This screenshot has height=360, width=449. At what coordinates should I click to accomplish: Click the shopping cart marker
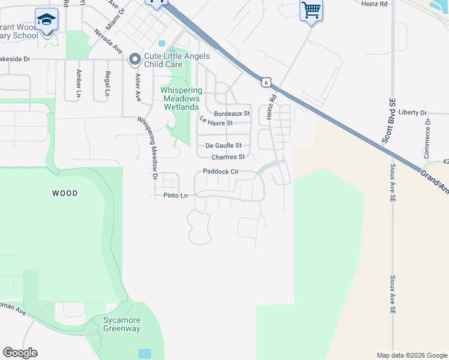click(x=311, y=10)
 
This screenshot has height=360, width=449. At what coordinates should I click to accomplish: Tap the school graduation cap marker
click(x=46, y=20)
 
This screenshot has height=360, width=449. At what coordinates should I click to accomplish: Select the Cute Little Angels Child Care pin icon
click(x=135, y=59)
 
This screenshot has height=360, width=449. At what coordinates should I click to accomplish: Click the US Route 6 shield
click(x=267, y=81)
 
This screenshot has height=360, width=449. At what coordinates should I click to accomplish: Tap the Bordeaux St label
click(x=232, y=113)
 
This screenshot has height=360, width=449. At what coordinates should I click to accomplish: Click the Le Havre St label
click(x=215, y=123)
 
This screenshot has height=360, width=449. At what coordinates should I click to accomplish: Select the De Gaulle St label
click(x=223, y=145)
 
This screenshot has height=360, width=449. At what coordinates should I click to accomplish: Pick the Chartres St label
click(x=228, y=157)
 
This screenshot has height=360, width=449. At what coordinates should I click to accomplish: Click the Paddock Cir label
click(x=221, y=172)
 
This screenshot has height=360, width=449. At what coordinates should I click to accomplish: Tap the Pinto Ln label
click(x=175, y=196)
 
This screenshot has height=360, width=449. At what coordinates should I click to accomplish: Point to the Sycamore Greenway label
click(x=121, y=325)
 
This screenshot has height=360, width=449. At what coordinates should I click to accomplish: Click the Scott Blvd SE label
click(x=388, y=126)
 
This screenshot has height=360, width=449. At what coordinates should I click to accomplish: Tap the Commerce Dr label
click(x=427, y=139)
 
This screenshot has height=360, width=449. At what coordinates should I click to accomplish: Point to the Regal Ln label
click(x=107, y=83)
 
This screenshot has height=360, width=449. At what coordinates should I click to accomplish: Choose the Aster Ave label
click(x=137, y=88)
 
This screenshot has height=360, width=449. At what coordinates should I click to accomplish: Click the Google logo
click(x=20, y=353)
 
